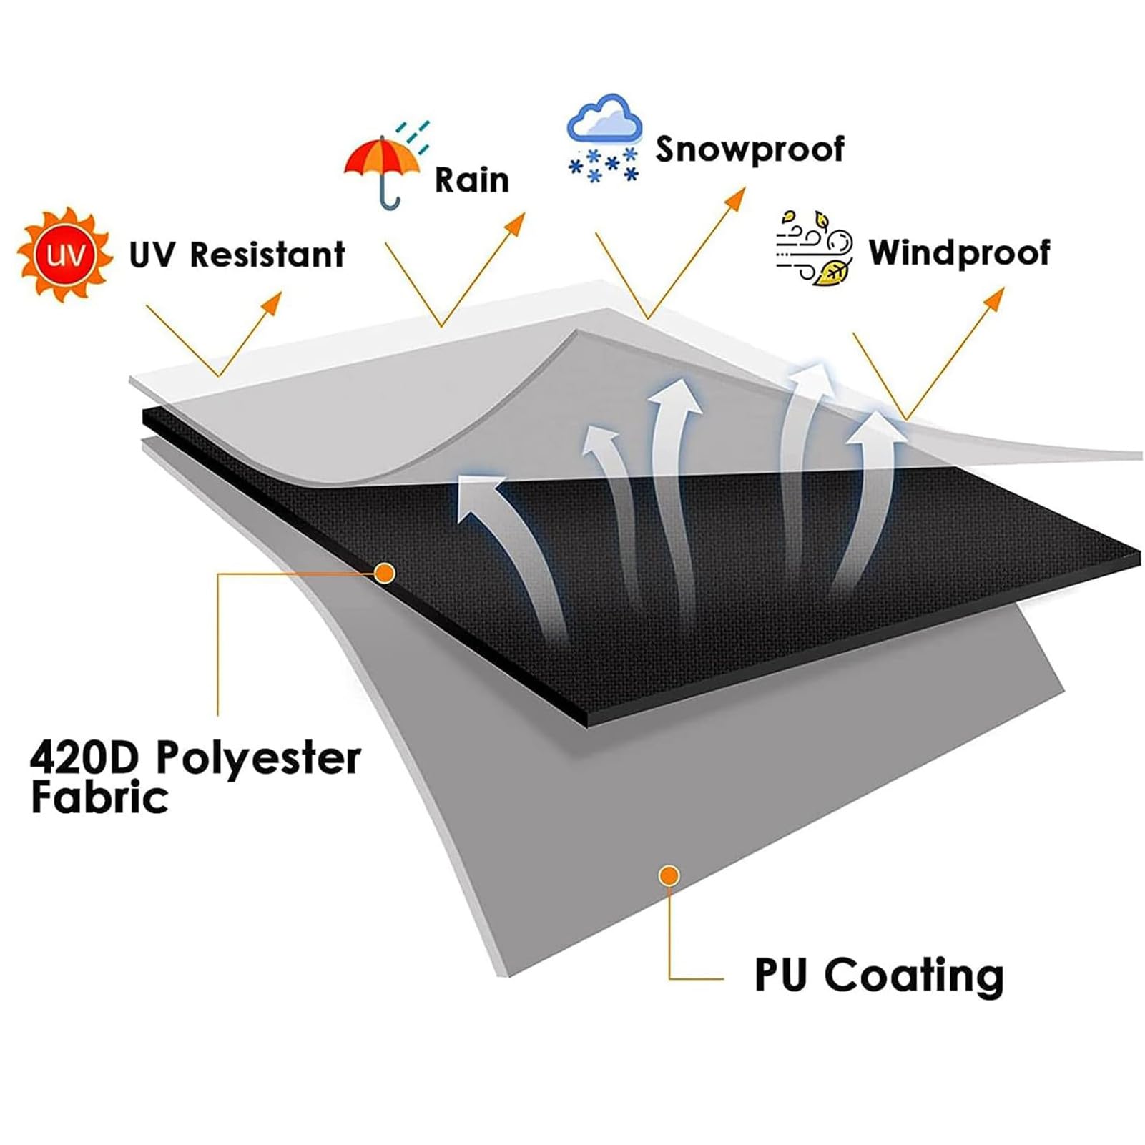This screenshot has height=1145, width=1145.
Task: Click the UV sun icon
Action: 65,254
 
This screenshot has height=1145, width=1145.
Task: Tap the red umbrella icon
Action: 383,169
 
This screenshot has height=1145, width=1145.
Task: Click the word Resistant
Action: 267,255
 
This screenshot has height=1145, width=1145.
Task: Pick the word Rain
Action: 472,180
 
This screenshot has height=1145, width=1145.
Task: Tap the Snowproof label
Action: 750,149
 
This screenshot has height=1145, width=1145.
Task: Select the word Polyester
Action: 258,759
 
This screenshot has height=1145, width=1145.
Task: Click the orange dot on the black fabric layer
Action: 385,573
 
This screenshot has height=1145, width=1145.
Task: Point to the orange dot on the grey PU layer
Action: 669,875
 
